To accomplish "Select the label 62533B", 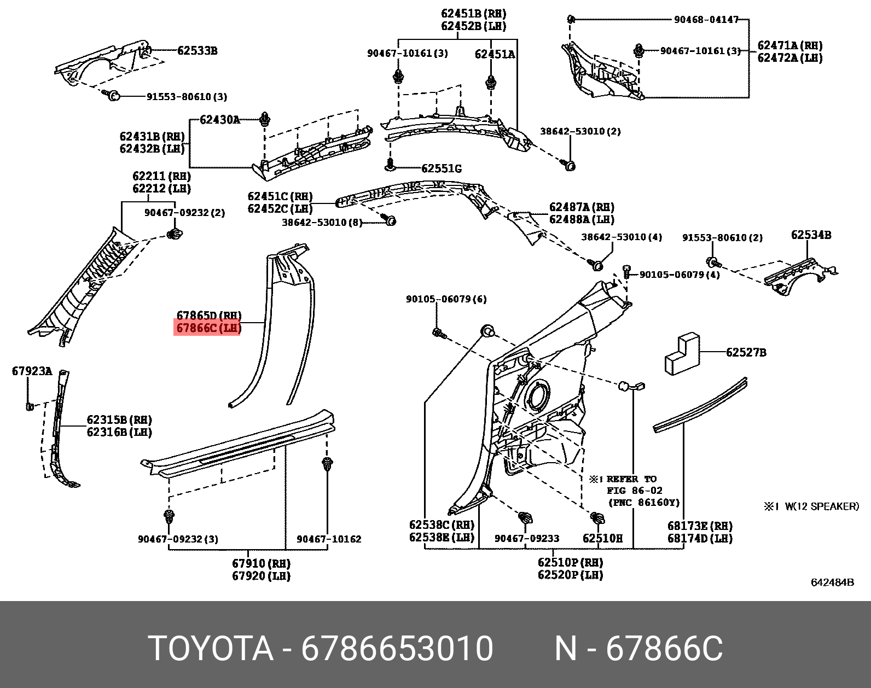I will pyautogui.click(x=197, y=51).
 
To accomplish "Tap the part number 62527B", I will pyautogui.click(x=746, y=353).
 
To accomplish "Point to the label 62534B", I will pyautogui.click(x=811, y=235).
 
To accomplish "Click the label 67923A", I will pyautogui.click(x=32, y=372).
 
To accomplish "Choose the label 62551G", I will pyautogui.click(x=441, y=168).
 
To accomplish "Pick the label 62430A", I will pyautogui.click(x=219, y=119).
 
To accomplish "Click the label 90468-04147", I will pyautogui.click(x=706, y=20).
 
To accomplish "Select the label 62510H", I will pyautogui.click(x=602, y=539).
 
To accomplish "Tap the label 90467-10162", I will pyautogui.click(x=329, y=539).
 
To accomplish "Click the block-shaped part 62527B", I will pyautogui.click(x=682, y=356).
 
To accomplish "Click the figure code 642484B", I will pyautogui.click(x=832, y=582).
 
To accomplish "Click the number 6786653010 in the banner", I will pyautogui.click(x=397, y=649).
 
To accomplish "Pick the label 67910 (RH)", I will pyautogui.click(x=261, y=563).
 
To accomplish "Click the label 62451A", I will pyautogui.click(x=495, y=54).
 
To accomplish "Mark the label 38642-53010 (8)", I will pyautogui.click(x=322, y=223).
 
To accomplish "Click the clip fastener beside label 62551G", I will pyautogui.click(x=391, y=164).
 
